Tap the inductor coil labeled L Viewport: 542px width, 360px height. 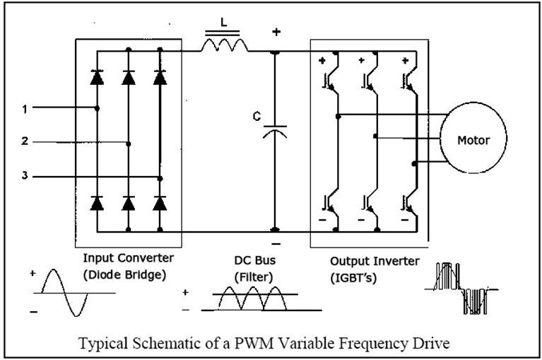point(225,46)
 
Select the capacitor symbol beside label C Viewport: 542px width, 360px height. point(275,132)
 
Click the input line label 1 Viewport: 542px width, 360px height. point(25,110)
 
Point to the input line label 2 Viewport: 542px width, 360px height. point(25,141)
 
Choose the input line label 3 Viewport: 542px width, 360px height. point(25,175)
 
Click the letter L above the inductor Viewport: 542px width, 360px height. point(223,23)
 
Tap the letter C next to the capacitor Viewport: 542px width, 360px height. point(257,117)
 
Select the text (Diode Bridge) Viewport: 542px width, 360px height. point(125,274)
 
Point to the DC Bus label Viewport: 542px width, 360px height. point(255,260)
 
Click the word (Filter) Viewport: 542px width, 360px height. point(254,277)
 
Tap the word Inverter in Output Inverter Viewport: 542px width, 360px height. point(397,261)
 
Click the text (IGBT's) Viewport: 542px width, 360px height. point(353,278)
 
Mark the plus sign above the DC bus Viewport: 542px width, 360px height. point(276,32)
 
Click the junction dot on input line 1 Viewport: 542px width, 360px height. point(97,109)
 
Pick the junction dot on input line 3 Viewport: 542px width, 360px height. point(160,179)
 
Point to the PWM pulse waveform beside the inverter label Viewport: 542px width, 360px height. point(461,289)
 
